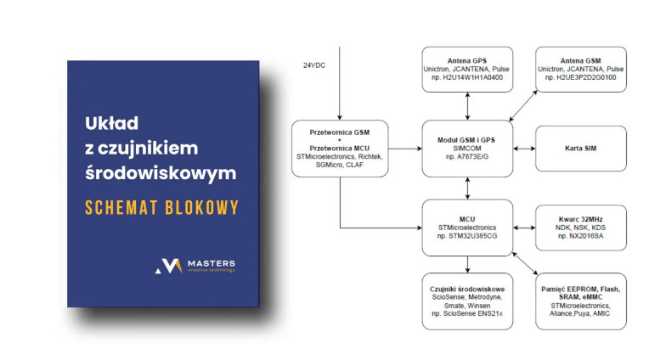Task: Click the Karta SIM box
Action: [580, 149]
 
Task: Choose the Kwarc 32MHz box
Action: [580, 225]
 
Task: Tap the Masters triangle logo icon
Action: [169, 266]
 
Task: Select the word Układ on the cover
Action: [111, 123]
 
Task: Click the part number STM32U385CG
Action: [468, 236]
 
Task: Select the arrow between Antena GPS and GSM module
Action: [468, 107]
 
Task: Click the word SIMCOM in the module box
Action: [468, 149]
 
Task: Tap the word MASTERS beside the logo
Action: [212, 263]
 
